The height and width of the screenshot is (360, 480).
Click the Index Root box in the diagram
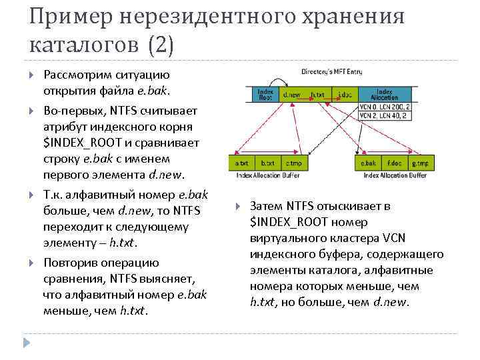click(266, 94)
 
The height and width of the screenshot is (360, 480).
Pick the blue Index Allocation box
click(385, 94)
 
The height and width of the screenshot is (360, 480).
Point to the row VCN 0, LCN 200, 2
click(385, 107)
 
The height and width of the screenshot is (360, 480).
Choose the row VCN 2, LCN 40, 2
click(385, 115)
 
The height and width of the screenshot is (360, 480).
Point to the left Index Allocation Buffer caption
click(267, 176)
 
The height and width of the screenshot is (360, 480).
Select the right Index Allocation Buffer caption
click(395, 176)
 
